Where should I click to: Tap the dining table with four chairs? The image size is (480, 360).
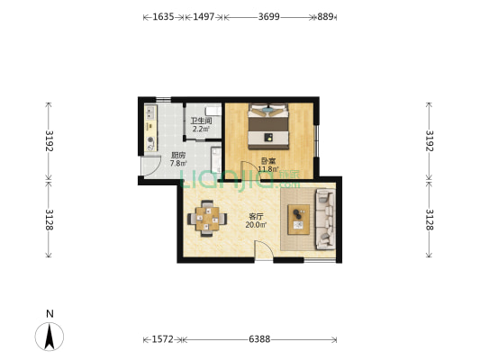207,218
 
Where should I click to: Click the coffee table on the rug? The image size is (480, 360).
298,218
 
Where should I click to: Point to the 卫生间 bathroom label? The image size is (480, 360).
200,121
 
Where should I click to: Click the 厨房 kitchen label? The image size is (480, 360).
177,156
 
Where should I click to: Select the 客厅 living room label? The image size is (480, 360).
257,216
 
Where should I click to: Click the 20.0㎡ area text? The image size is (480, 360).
256,225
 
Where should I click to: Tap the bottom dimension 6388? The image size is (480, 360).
261,340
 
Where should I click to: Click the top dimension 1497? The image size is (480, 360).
206,17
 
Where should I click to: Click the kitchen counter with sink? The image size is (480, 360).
149,130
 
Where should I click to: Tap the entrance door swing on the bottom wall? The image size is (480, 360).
264,253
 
